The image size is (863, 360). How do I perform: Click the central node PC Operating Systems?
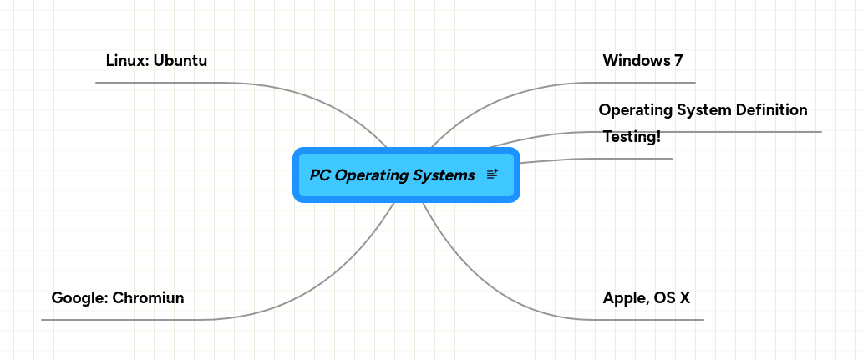point(393,175)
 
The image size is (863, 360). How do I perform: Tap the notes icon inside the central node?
point(492,175)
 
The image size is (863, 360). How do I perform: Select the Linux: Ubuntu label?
point(156,61)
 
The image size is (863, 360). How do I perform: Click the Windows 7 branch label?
point(642,61)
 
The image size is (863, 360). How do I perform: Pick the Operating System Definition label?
point(703,110)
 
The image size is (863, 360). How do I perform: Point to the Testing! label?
point(632,137)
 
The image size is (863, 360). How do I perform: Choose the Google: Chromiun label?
point(118,298)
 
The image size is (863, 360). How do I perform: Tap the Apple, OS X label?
point(646,298)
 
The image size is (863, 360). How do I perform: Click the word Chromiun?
point(148,298)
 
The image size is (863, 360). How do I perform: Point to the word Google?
point(79,298)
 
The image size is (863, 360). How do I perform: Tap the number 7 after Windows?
point(678,61)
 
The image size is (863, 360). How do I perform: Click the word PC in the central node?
point(319,175)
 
